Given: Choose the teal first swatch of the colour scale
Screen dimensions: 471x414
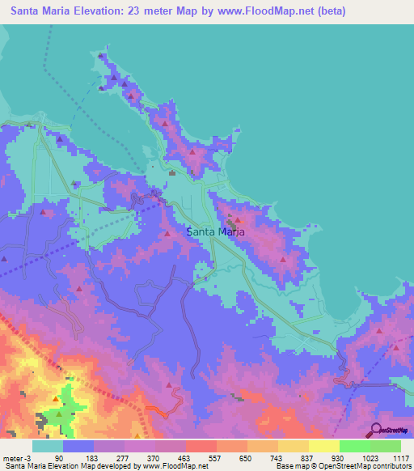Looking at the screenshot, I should [47, 447].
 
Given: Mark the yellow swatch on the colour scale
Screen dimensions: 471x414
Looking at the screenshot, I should [323, 447].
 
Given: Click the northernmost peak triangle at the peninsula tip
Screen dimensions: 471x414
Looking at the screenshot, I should [101, 56].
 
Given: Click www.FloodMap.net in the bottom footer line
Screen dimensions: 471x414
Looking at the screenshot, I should [174, 465].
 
